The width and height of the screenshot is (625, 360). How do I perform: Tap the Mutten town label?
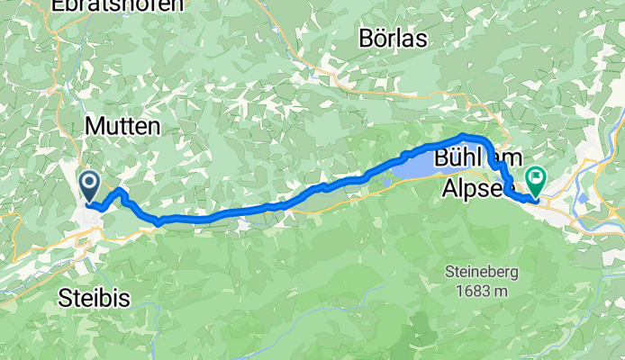[x=122, y=127]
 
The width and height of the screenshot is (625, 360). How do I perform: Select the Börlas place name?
[x=393, y=39]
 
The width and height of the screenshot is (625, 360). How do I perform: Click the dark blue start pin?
[x=90, y=185]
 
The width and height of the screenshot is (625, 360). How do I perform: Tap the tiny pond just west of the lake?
[x=385, y=184]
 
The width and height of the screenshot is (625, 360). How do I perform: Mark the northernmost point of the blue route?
[x=465, y=136]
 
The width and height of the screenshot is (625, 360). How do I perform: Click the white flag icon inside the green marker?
[x=538, y=177]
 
